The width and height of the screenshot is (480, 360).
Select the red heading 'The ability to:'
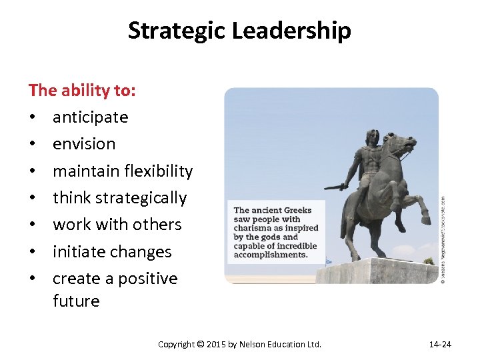pyautogui.click(x=82, y=90)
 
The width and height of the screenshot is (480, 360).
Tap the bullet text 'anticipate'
pyautogui.click(x=90, y=117)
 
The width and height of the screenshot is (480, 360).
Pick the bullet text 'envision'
pyautogui.click(x=84, y=144)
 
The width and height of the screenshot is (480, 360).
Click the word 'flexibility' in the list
pyautogui.click(x=159, y=171)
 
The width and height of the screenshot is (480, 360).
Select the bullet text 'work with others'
pyautogui.click(x=117, y=225)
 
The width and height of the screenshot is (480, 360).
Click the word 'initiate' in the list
pyautogui.click(x=77, y=252)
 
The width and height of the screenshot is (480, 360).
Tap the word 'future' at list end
pyautogui.click(x=76, y=301)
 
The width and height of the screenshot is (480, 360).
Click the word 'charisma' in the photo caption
pyautogui.click(x=253, y=227)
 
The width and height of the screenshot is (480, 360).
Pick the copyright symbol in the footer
pyautogui.click(x=201, y=345)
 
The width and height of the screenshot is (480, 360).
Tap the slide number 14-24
pyautogui.click(x=439, y=345)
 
